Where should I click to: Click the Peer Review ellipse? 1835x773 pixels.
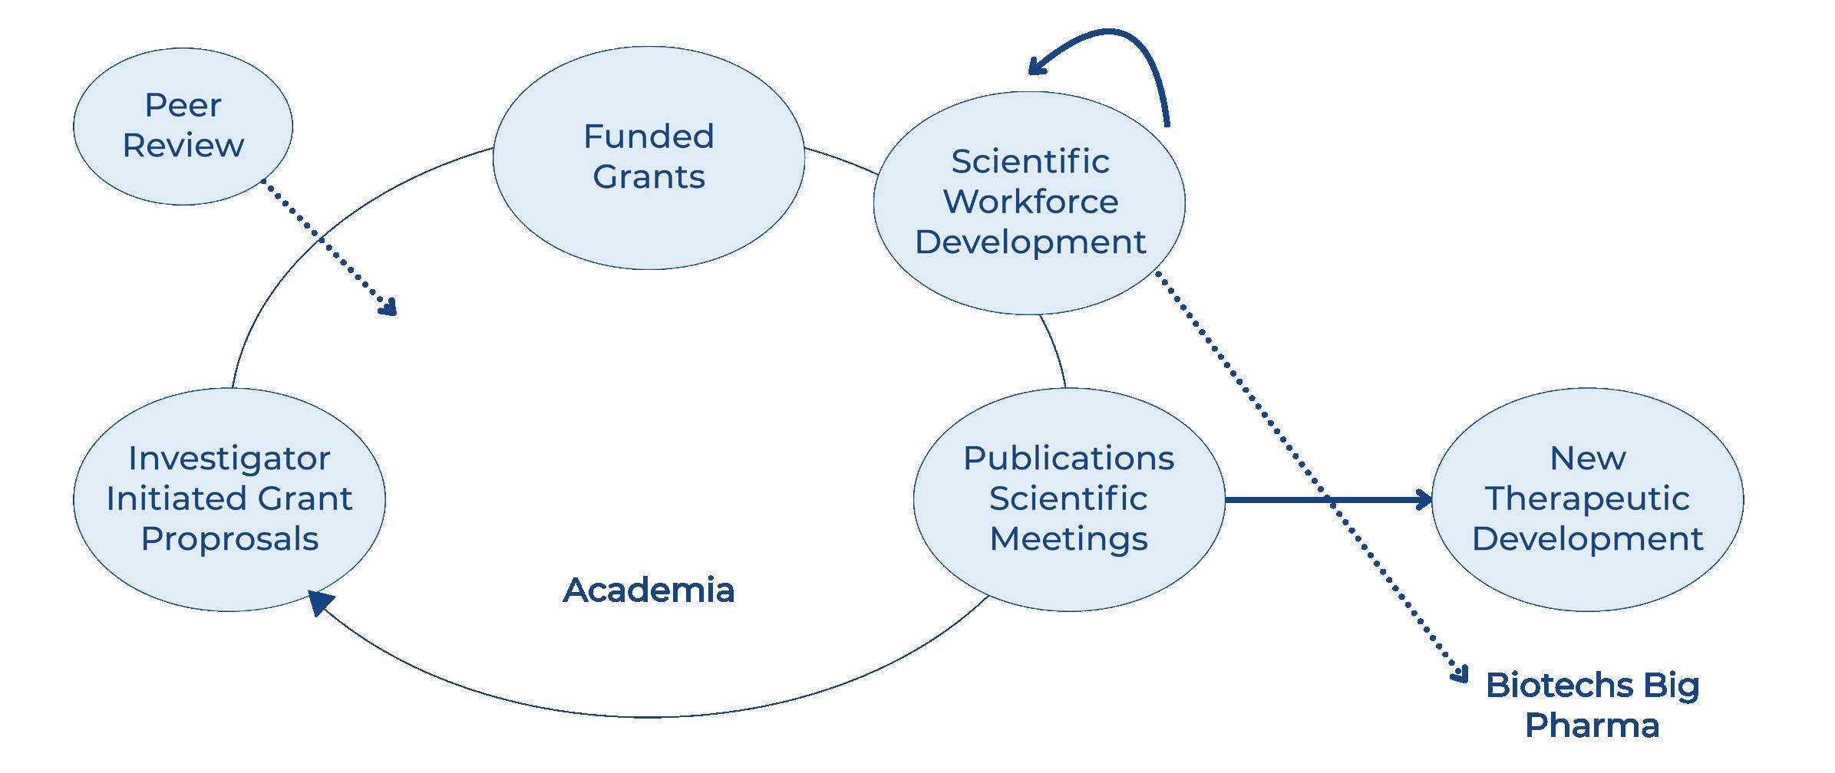183,126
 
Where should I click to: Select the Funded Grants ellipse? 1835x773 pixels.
649,156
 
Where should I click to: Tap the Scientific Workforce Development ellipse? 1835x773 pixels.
1029,202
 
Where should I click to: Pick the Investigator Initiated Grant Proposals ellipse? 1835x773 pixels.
229,499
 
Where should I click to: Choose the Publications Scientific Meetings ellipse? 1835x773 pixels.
1068,499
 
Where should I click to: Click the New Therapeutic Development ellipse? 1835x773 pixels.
1587,499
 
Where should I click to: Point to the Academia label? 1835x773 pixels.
649,590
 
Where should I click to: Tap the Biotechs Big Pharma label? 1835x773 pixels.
1592,705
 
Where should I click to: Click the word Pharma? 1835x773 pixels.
1592,725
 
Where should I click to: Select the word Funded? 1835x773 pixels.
649,137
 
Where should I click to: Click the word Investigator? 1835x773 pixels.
229,459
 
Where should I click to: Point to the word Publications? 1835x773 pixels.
1068,459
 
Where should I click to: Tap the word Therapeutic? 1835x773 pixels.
1587,499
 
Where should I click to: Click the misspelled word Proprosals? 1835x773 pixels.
229,539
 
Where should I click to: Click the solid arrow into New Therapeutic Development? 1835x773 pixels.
1328,500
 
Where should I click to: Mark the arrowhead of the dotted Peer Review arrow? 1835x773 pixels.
390,308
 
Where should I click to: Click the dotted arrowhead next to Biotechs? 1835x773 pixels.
1459,674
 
